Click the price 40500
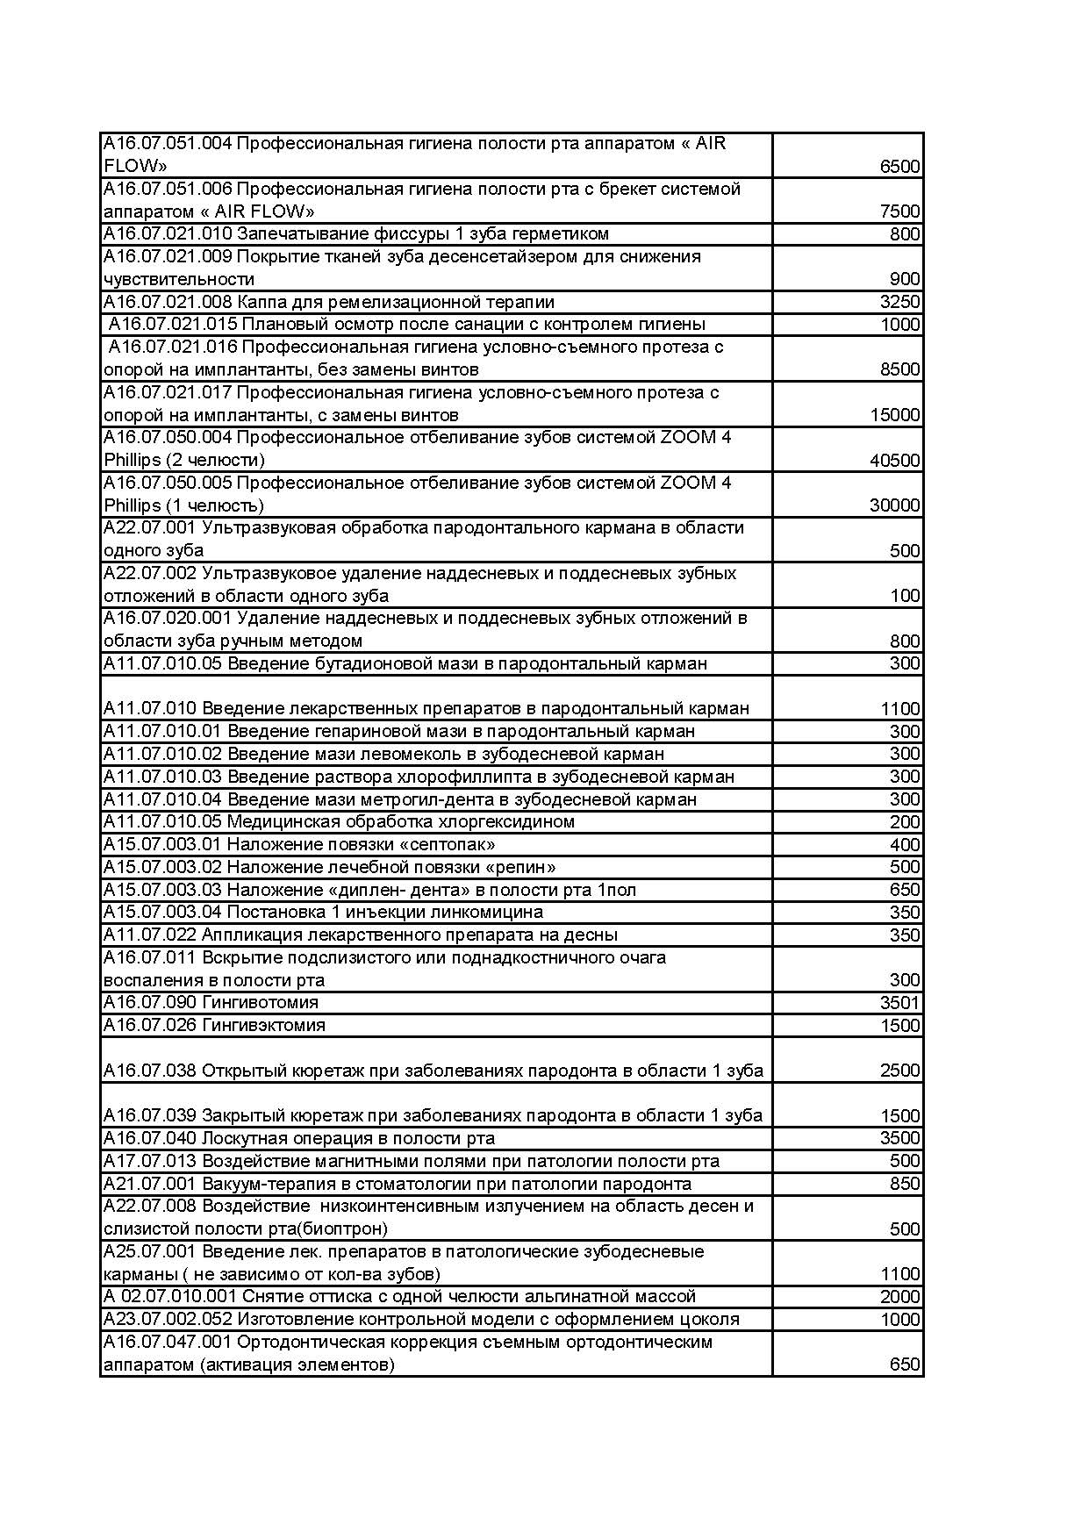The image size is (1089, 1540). [894, 461]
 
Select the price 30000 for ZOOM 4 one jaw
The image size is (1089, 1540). [894, 505]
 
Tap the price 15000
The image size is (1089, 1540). [894, 415]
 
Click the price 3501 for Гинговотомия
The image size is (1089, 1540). [899, 1003]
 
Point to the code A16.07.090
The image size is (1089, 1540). [150, 1003]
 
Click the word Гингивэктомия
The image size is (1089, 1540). [263, 1026]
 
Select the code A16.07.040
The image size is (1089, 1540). [150, 1139]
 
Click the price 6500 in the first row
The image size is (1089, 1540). [899, 167]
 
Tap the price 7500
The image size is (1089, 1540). [899, 211]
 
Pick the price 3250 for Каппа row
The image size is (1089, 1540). [899, 303]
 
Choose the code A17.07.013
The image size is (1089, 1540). [150, 1162]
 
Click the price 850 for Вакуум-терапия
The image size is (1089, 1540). [905, 1185]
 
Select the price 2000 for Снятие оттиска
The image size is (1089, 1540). [899, 1297]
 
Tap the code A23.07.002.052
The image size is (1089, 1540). [168, 1320]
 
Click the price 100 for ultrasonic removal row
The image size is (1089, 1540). [905, 597]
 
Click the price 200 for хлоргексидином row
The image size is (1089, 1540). [905, 822]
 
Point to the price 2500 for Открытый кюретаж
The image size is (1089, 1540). [899, 1071]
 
